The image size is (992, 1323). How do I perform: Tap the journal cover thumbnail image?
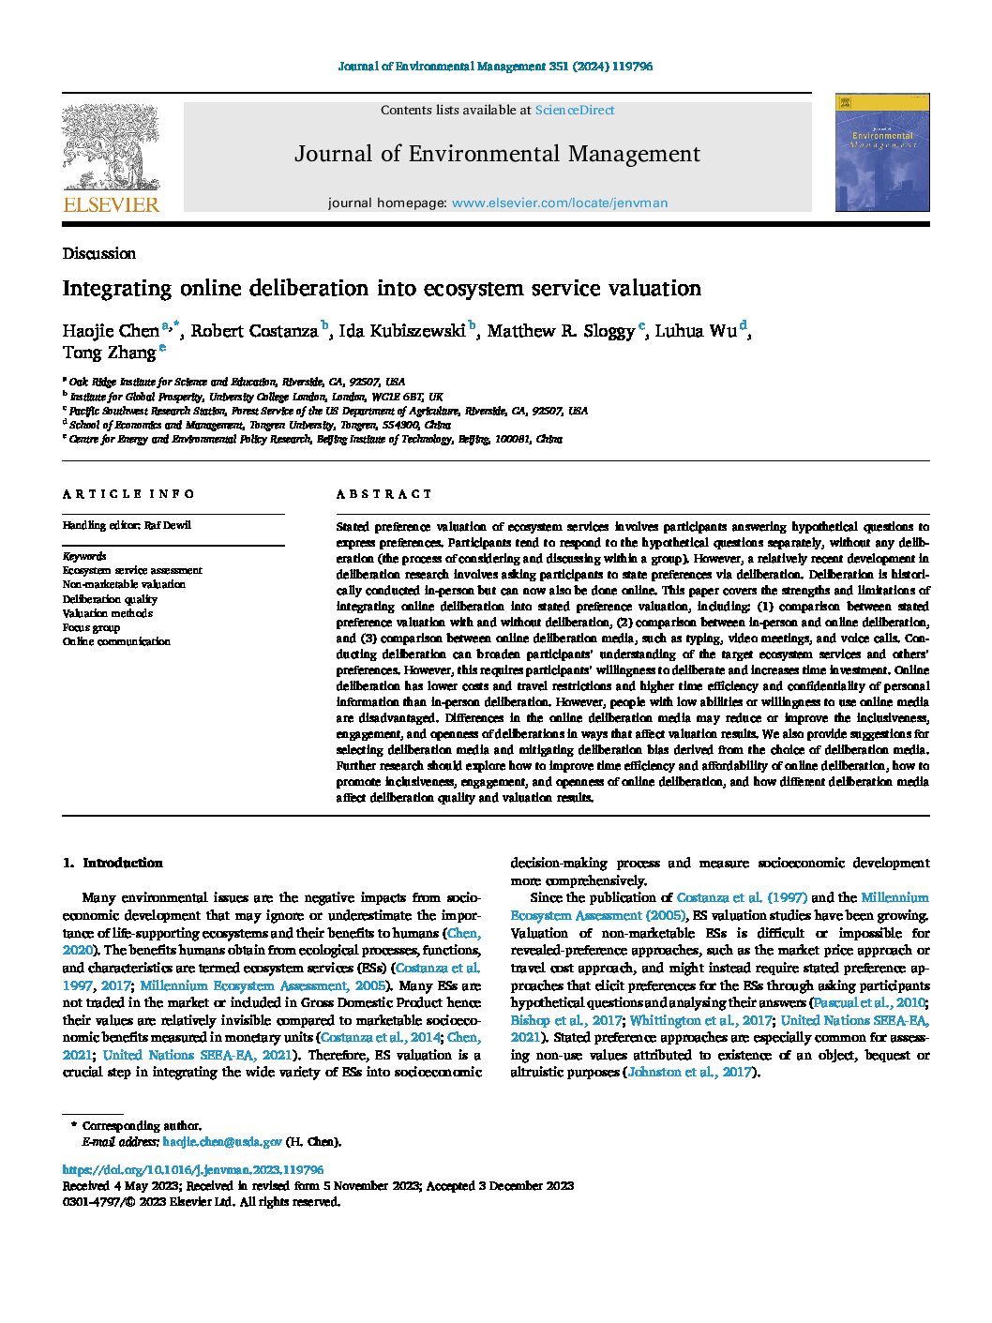882,152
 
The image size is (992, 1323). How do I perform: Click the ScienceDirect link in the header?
574,110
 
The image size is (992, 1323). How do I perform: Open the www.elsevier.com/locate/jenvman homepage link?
560,203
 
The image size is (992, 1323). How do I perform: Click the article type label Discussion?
98,253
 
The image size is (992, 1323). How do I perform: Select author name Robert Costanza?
254,331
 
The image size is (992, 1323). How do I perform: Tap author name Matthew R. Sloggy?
560,331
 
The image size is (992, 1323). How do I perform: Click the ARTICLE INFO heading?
128,494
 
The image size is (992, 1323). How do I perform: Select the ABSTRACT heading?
384,494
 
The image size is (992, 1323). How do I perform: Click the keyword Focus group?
91,627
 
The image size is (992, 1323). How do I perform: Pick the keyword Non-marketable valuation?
124,584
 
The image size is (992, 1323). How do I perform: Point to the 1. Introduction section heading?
112,863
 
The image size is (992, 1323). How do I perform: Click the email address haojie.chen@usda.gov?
222,1142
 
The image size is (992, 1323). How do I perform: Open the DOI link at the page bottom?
192,1170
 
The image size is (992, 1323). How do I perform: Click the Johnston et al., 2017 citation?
689,1072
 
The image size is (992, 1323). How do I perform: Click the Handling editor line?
127,525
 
